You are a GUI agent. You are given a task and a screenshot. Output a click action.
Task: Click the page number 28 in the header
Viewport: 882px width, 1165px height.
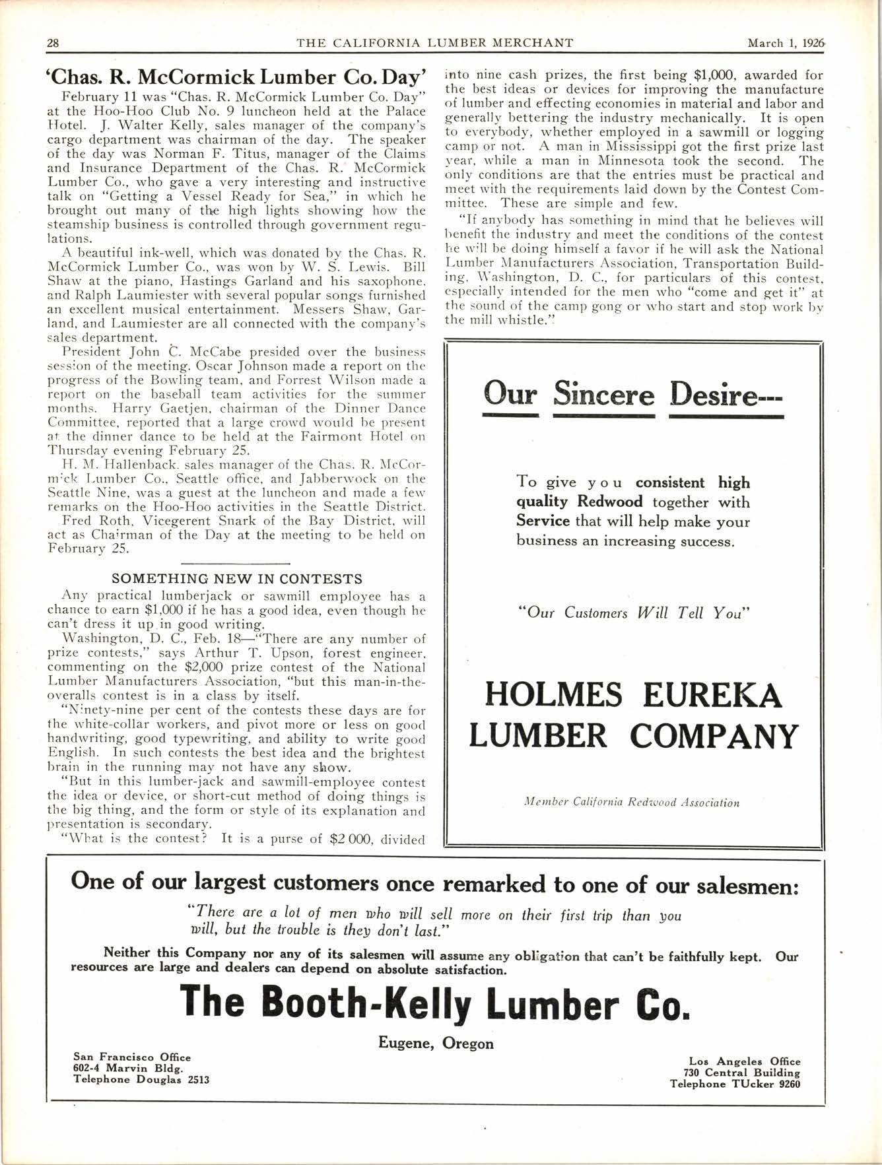53,44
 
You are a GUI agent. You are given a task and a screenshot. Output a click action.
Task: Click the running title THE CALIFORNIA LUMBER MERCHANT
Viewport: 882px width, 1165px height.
435,44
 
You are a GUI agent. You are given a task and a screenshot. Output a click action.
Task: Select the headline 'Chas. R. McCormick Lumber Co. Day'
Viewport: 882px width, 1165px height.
238,77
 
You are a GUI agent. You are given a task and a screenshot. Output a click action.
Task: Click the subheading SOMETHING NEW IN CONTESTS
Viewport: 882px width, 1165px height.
237,579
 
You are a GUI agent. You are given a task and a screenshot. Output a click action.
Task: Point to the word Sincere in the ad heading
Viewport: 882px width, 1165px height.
603,395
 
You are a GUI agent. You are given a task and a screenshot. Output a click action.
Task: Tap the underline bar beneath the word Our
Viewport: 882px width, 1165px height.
510,416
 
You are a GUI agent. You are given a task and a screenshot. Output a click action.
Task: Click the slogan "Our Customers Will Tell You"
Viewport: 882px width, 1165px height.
633,613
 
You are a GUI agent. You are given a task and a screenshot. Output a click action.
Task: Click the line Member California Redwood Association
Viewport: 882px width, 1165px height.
631,803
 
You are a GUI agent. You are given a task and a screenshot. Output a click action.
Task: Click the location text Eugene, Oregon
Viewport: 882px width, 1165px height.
436,1044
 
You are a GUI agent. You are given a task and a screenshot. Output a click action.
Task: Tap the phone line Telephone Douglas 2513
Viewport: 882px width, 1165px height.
141,1080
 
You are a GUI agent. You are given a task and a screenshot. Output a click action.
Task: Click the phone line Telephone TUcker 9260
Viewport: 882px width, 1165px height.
735,1084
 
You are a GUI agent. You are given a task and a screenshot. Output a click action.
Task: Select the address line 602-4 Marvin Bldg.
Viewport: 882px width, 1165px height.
128,1069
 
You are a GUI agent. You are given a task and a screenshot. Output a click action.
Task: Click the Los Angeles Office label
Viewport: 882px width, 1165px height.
744,1061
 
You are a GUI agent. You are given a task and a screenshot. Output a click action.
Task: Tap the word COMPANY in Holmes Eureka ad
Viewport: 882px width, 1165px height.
714,737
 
